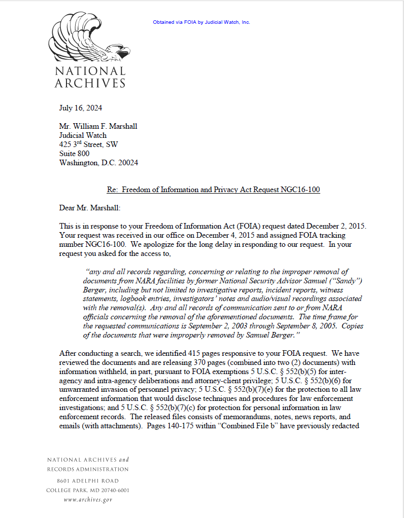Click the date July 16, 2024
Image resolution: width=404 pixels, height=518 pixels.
[80, 108]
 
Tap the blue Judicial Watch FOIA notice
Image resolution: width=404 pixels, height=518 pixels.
[201, 22]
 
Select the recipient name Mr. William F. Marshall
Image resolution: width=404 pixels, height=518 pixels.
[98, 126]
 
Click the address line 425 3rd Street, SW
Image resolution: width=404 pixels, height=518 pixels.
[88, 144]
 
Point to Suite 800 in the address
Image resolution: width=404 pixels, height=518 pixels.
[74, 154]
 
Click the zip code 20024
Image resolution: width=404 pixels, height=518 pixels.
[127, 163]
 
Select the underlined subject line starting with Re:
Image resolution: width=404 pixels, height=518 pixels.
[213, 190]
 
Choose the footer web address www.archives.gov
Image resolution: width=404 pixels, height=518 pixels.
[88, 500]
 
